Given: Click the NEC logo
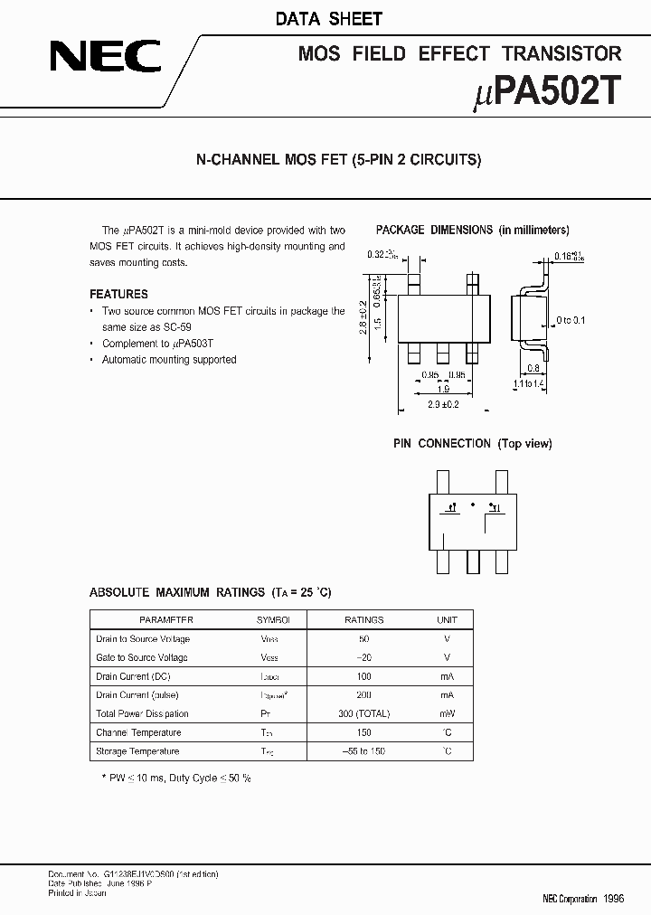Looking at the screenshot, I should pos(105,59).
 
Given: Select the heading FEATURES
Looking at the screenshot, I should pos(118,294).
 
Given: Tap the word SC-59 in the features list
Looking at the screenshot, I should pos(173,326).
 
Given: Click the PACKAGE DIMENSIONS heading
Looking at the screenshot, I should pos(434,230).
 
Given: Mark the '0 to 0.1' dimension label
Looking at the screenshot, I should pos(571,320).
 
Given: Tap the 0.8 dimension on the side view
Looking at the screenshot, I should pos(534,368).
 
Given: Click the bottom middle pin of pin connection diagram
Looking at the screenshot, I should pos(472,560).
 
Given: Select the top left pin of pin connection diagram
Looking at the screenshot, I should pos(442,481).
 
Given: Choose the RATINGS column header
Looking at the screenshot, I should pos(364,620).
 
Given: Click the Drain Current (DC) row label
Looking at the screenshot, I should pos(133,676).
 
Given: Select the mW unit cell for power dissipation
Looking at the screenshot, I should pos(447,714).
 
